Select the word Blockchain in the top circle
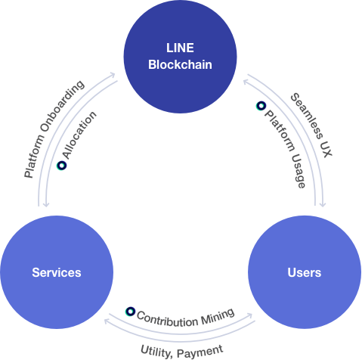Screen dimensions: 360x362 (x=180, y=65)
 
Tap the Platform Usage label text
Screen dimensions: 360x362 (x=286, y=148)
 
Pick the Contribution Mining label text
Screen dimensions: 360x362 (x=185, y=314)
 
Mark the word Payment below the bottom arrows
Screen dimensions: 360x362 (x=202, y=349)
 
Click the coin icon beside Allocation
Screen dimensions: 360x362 (x=61, y=165)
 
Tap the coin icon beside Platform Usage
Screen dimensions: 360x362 (x=261, y=107)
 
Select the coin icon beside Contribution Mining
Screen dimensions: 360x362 (x=130, y=312)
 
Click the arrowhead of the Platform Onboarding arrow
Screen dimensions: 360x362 (x=115, y=74)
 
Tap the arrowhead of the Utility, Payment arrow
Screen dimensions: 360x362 (x=107, y=322)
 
